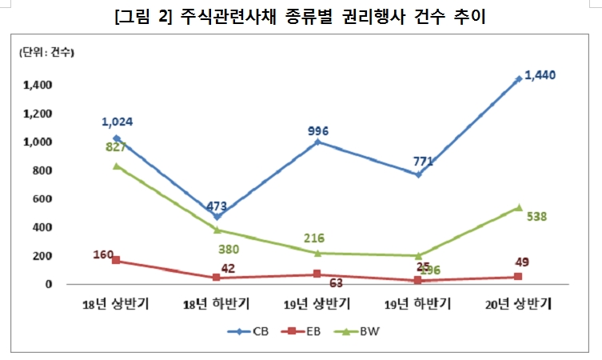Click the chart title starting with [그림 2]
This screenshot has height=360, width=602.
(x=301, y=15)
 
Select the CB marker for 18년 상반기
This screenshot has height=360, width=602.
(x=117, y=138)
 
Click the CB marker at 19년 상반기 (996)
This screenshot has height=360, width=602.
(x=318, y=142)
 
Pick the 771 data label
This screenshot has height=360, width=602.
(x=422, y=162)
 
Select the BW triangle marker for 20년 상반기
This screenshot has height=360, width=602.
(x=519, y=208)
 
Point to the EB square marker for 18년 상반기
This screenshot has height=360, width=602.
(x=117, y=261)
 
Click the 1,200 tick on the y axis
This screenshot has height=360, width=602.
(x=38, y=114)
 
